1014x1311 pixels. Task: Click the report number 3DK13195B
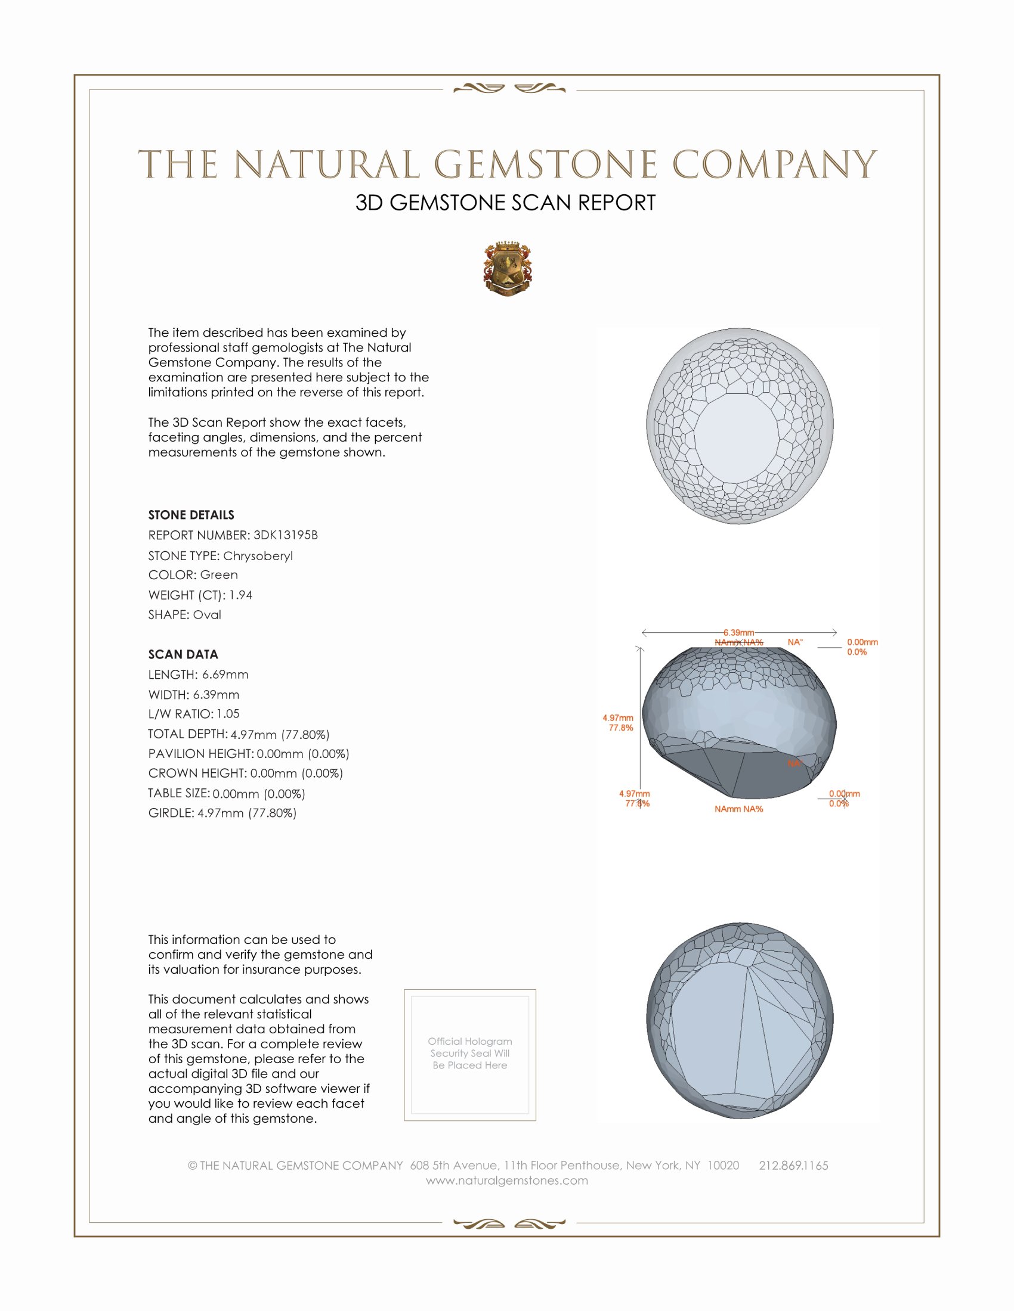(x=285, y=535)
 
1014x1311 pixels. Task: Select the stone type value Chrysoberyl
(x=258, y=556)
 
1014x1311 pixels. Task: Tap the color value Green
(x=219, y=575)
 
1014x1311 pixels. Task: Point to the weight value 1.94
(x=240, y=595)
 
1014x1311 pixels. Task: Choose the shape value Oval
(x=206, y=615)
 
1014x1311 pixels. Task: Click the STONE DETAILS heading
(x=191, y=515)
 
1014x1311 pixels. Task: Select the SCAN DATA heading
(x=183, y=654)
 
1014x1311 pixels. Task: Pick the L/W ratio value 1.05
(x=228, y=714)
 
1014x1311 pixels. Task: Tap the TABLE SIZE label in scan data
(x=178, y=793)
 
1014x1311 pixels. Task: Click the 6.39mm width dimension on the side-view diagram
(x=738, y=633)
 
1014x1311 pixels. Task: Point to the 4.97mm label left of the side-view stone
(x=617, y=718)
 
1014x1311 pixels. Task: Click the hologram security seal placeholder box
(x=470, y=1055)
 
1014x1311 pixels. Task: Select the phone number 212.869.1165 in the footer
(x=793, y=1165)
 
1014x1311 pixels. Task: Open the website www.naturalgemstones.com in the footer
(x=507, y=1180)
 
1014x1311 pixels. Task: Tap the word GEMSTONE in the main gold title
(x=545, y=164)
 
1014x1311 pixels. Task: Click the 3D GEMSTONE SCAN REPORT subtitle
(x=505, y=203)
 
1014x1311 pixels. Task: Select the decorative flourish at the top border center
(x=509, y=89)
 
